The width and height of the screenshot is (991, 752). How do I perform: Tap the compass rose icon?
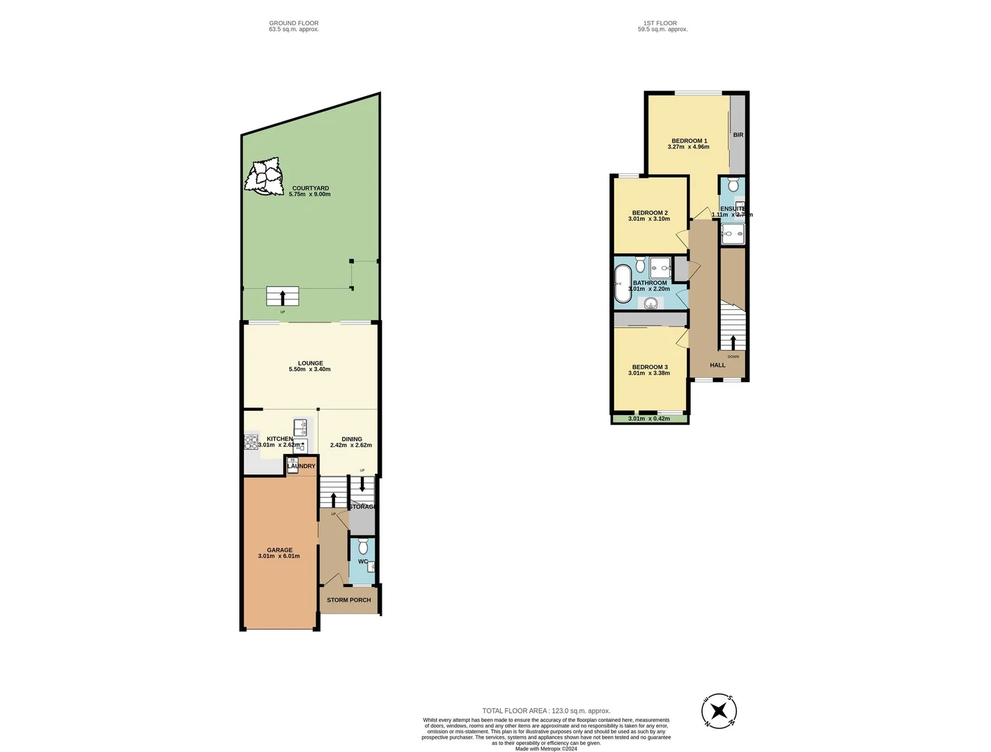pyautogui.click(x=719, y=711)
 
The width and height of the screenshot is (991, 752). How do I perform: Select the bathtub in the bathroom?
pyautogui.click(x=623, y=284)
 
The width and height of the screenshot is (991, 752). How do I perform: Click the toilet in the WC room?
pyautogui.click(x=363, y=547)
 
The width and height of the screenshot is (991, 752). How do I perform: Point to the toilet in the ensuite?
pyautogui.click(x=733, y=185)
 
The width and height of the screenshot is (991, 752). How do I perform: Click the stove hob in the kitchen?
pyautogui.click(x=251, y=441)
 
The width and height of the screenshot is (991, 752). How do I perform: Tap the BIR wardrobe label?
pyautogui.click(x=738, y=135)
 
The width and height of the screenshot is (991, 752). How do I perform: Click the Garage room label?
pyautogui.click(x=279, y=550)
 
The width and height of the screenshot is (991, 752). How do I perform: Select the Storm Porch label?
pyautogui.click(x=349, y=600)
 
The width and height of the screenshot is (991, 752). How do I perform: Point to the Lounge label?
pyautogui.click(x=310, y=363)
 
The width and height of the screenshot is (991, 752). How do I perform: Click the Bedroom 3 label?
pyautogui.click(x=650, y=367)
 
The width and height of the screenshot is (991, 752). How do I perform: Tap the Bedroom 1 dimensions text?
pyautogui.click(x=688, y=147)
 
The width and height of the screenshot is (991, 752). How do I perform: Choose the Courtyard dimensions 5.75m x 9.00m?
pyautogui.click(x=310, y=194)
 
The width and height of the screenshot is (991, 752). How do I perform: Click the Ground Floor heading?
pyautogui.click(x=294, y=23)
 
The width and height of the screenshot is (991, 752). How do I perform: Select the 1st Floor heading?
pyautogui.click(x=660, y=23)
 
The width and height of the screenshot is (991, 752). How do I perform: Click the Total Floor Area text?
pyautogui.click(x=546, y=711)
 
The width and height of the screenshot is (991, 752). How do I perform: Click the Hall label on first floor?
pyautogui.click(x=717, y=365)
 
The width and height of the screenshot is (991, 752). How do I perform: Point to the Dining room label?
pyautogui.click(x=352, y=439)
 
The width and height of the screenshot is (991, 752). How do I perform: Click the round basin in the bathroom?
pyautogui.click(x=651, y=303)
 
